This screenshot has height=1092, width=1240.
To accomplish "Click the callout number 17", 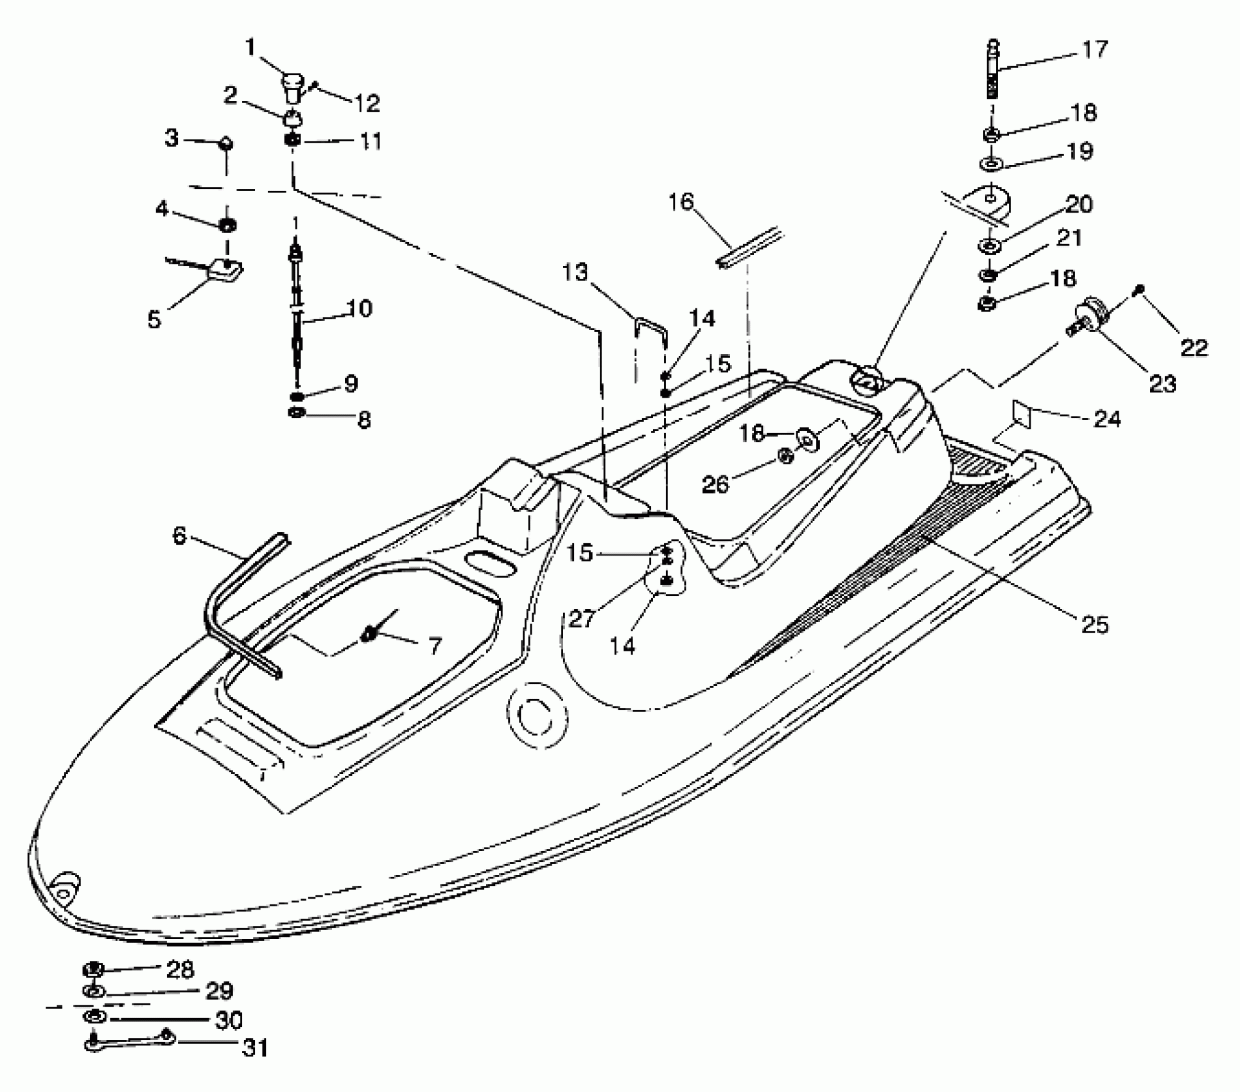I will pyautogui.click(x=1094, y=49).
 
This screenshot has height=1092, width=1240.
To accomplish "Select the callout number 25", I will pyautogui.click(x=1094, y=624).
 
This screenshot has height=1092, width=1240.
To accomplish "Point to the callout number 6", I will pyautogui.click(x=179, y=534).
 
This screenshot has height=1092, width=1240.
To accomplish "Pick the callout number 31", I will pyautogui.click(x=254, y=1048).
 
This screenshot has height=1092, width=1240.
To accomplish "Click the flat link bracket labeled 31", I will pyautogui.click(x=128, y=1043).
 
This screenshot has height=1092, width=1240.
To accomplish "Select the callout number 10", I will pyautogui.click(x=360, y=308).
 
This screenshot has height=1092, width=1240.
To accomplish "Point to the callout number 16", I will pyautogui.click(x=681, y=202).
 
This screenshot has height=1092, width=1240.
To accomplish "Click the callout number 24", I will pyautogui.click(x=1107, y=419).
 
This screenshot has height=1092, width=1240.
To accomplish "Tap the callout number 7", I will pyautogui.click(x=435, y=645).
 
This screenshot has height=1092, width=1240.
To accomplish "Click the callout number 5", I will pyautogui.click(x=154, y=319).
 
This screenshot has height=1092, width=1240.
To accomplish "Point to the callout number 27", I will pyautogui.click(x=581, y=619).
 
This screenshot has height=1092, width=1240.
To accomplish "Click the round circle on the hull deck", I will pyautogui.click(x=537, y=718).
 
